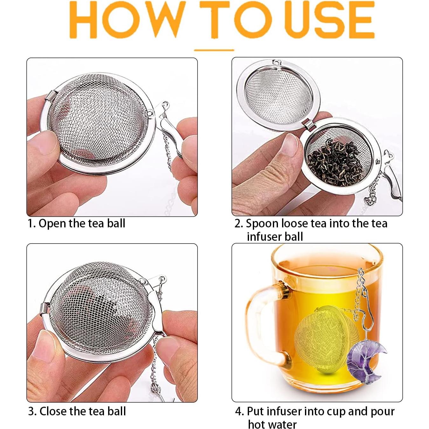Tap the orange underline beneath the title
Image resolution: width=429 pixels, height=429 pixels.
tap(214, 50)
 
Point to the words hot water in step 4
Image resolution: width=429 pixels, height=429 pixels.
tap(272, 424)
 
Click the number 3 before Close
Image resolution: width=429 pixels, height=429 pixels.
tap(31, 411)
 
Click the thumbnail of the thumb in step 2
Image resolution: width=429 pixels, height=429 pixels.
tap(291, 145)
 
